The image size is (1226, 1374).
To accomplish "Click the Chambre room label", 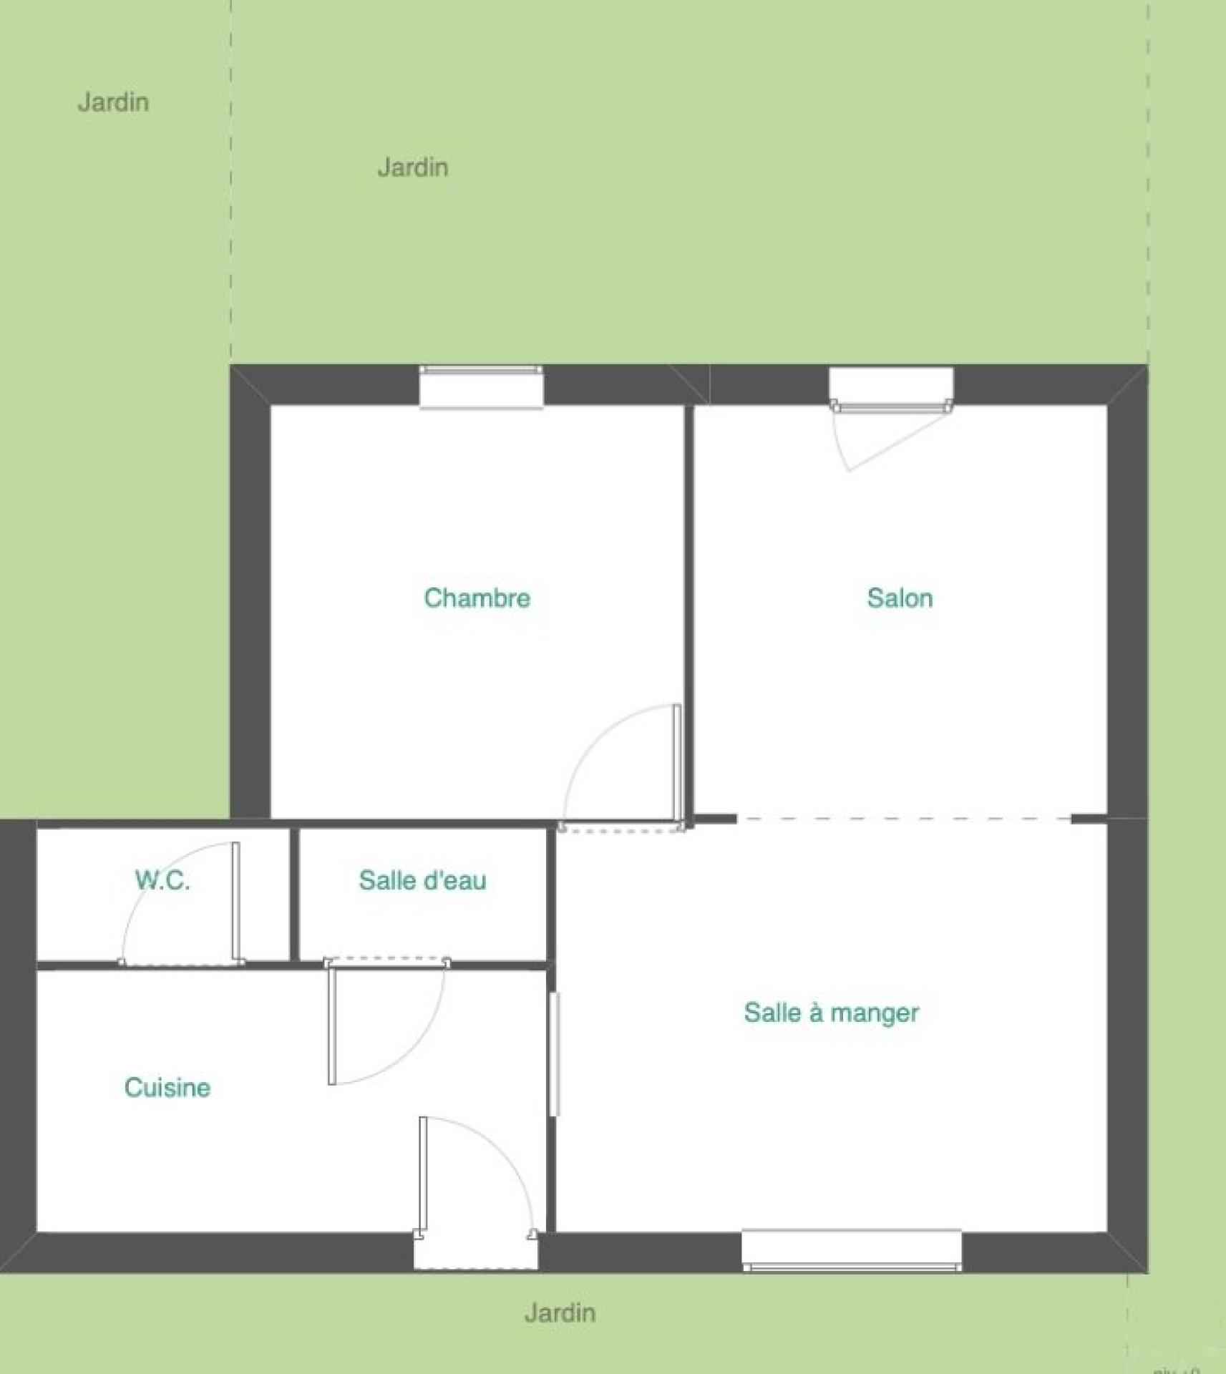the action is click(477, 598).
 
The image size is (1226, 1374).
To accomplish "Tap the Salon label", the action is click(900, 598).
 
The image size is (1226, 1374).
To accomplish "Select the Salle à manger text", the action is click(831, 1013).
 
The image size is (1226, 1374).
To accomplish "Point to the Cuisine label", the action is click(167, 1087).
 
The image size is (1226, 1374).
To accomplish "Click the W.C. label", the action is click(162, 880).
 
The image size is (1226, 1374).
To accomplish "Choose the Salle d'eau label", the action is click(422, 880).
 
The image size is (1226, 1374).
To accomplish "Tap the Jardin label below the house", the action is click(560, 1312).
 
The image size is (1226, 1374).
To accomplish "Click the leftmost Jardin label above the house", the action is click(113, 102).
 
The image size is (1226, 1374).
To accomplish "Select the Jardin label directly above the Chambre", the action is click(413, 167).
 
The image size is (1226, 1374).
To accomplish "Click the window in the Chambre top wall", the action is click(481, 386).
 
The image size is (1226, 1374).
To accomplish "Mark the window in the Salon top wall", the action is click(891, 390).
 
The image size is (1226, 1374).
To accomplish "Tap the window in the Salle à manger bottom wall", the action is click(852, 1250).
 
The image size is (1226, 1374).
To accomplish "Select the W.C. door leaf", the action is click(235, 901).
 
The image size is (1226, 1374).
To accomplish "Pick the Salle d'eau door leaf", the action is click(332, 1023).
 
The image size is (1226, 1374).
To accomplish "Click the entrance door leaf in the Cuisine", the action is click(423, 1176).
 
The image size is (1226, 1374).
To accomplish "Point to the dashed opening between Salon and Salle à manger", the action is click(904, 819).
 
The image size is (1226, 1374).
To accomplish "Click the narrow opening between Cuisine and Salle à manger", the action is click(555, 1053).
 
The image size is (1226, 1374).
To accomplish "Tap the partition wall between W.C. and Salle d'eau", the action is click(294, 895).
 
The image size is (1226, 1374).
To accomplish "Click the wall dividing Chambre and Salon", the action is click(689, 612).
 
